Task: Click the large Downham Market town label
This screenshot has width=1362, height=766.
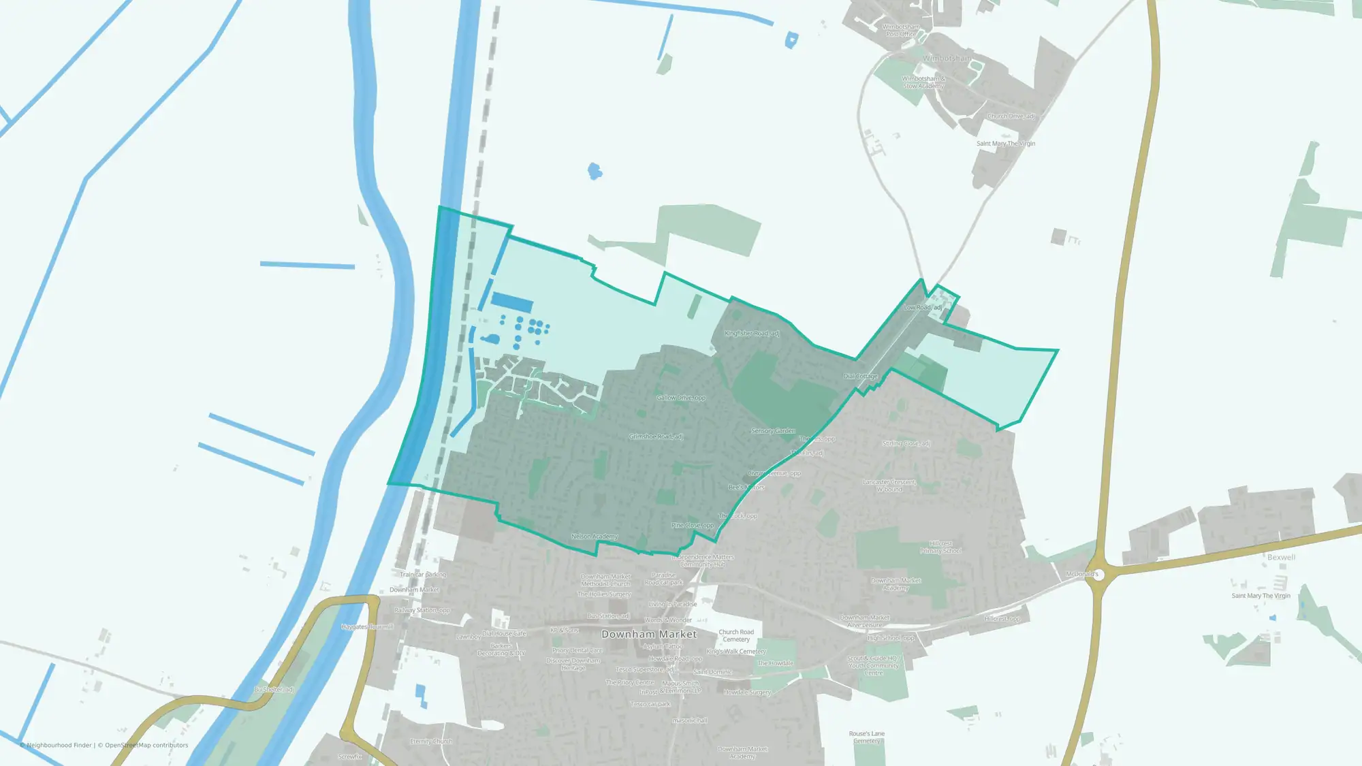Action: pos(648,634)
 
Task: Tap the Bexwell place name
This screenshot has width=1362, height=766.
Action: pos(1281,557)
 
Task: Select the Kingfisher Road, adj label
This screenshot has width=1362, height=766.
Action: pos(752,333)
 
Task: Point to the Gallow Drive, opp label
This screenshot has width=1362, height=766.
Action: pos(681,398)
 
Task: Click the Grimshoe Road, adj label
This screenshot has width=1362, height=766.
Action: pos(656,436)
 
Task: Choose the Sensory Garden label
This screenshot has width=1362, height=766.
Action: pos(773,430)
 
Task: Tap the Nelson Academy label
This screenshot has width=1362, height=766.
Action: pos(595,537)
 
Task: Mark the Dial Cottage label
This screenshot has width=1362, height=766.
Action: pos(861,376)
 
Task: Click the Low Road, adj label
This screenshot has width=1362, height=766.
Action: pos(922,307)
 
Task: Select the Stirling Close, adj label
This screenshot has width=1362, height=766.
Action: pos(906,443)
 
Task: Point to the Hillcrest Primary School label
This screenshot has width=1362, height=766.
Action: pos(940,547)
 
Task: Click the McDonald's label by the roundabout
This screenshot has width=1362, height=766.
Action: pos(1082,574)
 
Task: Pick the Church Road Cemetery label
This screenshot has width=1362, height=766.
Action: pos(736,635)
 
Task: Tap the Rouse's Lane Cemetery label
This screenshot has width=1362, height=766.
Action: pos(866,737)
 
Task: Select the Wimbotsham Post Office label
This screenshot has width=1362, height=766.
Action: pos(900,31)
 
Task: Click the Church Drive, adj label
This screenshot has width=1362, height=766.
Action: pos(1011,116)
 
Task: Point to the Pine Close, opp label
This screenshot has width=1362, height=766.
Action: pos(692,525)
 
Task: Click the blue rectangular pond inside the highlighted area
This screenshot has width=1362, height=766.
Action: pos(511,302)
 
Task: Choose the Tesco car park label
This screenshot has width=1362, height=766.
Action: pos(650,704)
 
